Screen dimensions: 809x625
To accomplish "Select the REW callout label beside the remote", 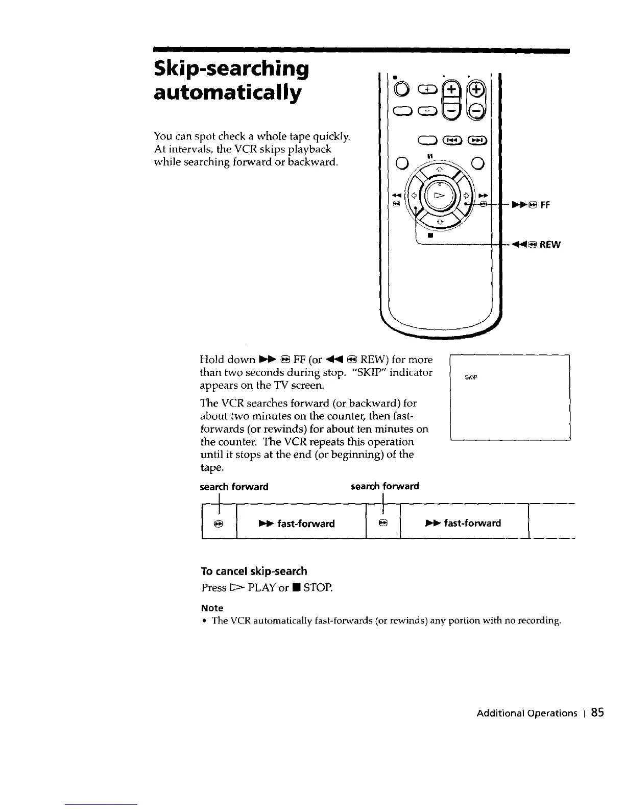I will pyautogui.click(x=549, y=245).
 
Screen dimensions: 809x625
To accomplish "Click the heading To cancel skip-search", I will pyautogui.click(x=254, y=571).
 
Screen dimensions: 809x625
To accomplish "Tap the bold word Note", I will pyautogui.click(x=212, y=608).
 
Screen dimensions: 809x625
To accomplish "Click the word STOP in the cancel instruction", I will pyautogui.click(x=317, y=588).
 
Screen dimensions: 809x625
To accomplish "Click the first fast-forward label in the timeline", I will pyautogui.click(x=303, y=524).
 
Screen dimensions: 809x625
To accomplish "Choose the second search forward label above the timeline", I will pyautogui.click(x=384, y=486).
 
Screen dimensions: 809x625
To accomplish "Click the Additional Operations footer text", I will pyautogui.click(x=525, y=713).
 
